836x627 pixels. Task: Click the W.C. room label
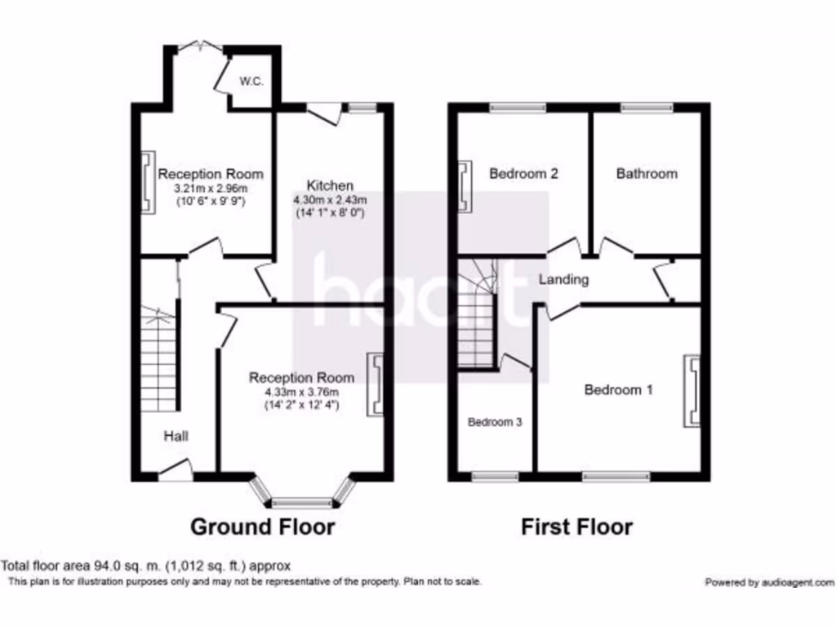pos(250,82)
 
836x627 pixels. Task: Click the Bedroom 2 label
pos(523,173)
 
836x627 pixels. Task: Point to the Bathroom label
pos(647,173)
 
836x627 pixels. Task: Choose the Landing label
pos(563,279)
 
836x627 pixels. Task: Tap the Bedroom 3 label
pos(495,422)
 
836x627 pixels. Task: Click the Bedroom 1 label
pos(618,389)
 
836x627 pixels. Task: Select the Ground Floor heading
pos(262,527)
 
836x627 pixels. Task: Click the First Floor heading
pos(577,527)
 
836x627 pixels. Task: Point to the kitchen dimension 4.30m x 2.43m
pos(330,200)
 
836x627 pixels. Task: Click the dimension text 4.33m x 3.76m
pos(301,392)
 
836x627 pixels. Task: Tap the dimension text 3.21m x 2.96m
pos(211,189)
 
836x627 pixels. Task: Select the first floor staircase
pos(477,314)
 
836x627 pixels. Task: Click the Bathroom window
pos(647,107)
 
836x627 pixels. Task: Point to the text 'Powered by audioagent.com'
pos(769,582)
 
